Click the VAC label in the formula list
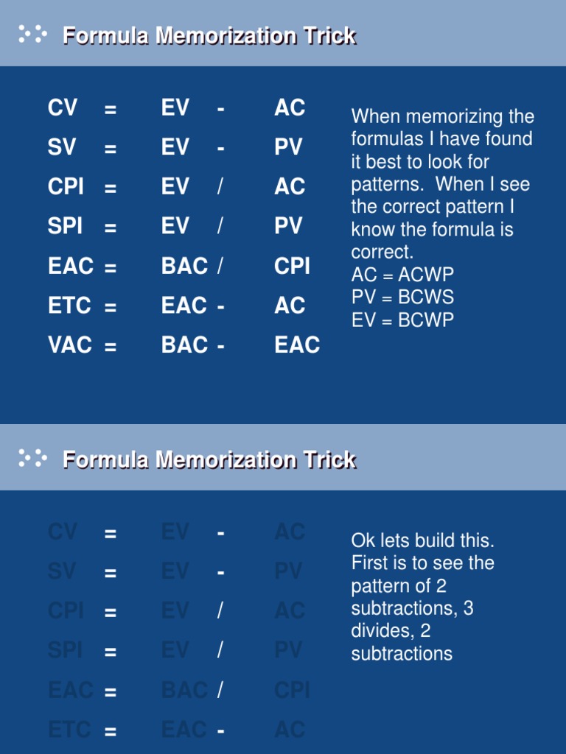pyautogui.click(x=70, y=345)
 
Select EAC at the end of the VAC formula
pyautogui.click(x=297, y=345)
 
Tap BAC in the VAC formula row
pyautogui.click(x=184, y=345)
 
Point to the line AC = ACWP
pyautogui.click(x=402, y=275)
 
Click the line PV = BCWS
pyautogui.click(x=402, y=297)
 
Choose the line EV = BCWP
pyautogui.click(x=402, y=320)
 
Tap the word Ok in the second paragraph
pyautogui.click(x=363, y=540)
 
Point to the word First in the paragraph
pyautogui.click(x=370, y=563)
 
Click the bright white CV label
pyautogui.click(x=63, y=108)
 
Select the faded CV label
pyautogui.click(x=63, y=532)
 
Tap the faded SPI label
pyautogui.click(x=66, y=650)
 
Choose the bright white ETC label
pyautogui.click(x=70, y=306)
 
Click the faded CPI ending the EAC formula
pyautogui.click(x=292, y=690)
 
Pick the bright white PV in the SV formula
pyautogui.click(x=288, y=147)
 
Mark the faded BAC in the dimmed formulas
pyautogui.click(x=184, y=690)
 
